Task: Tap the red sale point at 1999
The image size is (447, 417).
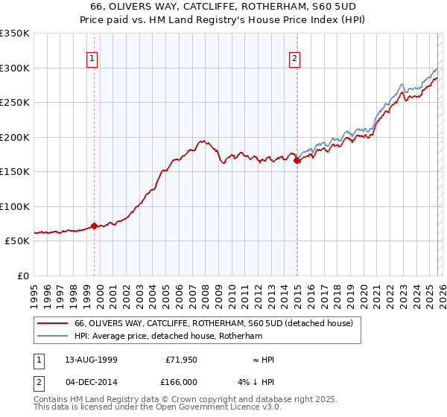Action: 95,226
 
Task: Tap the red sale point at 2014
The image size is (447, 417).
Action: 297,160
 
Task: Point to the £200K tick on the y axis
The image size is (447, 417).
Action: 15,137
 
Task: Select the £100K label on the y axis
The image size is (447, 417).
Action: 15,206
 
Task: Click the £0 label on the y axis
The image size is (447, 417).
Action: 21,276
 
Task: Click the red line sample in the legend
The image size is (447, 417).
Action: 53,323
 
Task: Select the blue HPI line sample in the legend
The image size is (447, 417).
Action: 53,336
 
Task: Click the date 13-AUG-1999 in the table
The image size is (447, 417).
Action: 92,359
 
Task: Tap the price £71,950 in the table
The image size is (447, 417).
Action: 179,359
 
